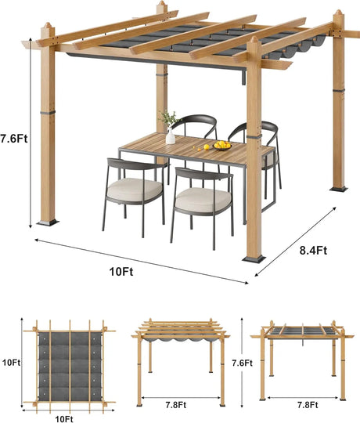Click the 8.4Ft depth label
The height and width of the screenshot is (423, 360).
pyautogui.click(x=313, y=251)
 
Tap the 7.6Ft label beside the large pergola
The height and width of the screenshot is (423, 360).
pyautogui.click(x=14, y=139)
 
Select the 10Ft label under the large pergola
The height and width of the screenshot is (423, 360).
pyautogui.click(x=121, y=272)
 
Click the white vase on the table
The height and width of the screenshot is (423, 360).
pyautogui.click(x=171, y=136)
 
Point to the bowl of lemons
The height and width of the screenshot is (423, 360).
pyautogui.click(x=222, y=146)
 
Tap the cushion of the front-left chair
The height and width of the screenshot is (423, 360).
pyautogui.click(x=135, y=189)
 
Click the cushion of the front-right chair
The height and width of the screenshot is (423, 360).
pyautogui.click(x=203, y=200)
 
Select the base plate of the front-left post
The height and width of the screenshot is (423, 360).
pyautogui.click(x=48, y=222)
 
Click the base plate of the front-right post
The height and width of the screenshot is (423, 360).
pyautogui.click(x=254, y=259)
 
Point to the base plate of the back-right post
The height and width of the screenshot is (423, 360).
pyautogui.click(x=339, y=190)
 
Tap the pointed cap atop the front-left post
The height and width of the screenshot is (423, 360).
pyautogui.click(x=48, y=25)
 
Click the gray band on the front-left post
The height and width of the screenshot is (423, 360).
pyautogui.click(x=48, y=112)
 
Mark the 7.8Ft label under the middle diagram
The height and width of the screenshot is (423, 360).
pyautogui.click(x=175, y=405)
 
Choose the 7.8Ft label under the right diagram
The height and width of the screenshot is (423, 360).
pyautogui.click(x=308, y=405)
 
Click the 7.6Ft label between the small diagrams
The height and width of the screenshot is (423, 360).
pyautogui.click(x=243, y=363)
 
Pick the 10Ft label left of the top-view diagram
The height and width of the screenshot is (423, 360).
pyautogui.click(x=11, y=363)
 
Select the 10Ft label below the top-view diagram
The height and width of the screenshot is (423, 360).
pyautogui.click(x=64, y=419)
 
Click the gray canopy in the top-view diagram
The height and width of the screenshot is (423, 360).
pyautogui.click(x=70, y=366)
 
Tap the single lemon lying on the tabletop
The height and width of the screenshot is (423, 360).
pyautogui.click(x=207, y=146)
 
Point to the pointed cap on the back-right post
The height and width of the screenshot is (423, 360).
pyautogui.click(x=338, y=13)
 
